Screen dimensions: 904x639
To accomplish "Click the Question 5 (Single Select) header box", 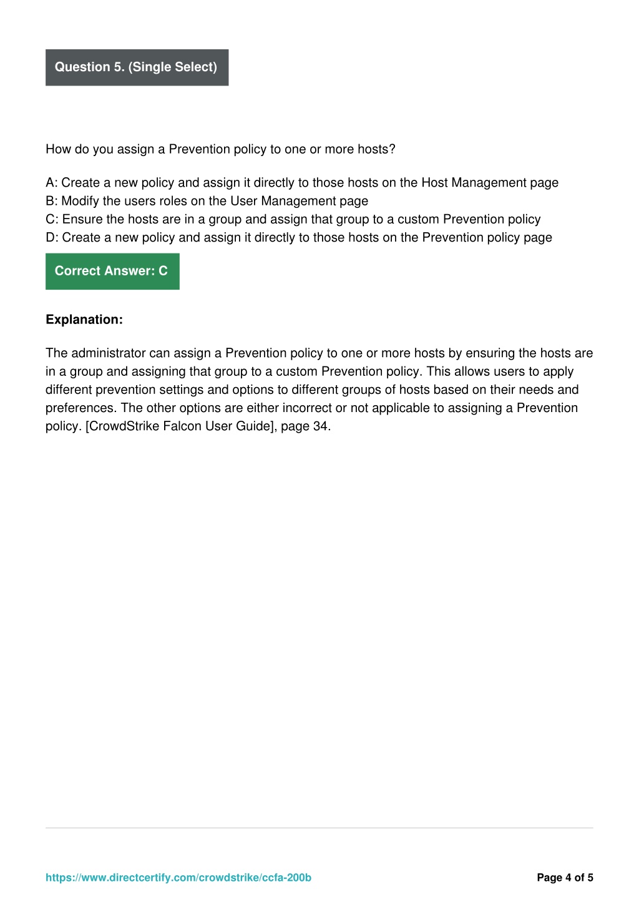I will point(137,67).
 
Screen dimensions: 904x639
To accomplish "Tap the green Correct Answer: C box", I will point(112,272).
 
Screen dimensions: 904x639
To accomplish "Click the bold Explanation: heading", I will point(84,320).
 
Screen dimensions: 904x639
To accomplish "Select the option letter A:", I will point(52,183).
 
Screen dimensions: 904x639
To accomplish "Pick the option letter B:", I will point(52,201).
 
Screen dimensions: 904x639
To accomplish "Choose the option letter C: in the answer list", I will point(52,219).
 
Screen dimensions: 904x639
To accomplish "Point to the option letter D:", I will point(52,237).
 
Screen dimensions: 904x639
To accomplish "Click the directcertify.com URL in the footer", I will point(178,878).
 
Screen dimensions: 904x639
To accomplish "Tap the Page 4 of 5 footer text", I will point(565,878).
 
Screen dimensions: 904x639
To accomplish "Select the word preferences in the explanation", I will point(81,408).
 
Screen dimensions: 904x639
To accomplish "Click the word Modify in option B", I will point(80,201).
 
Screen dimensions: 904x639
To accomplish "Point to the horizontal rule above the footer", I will point(319,828).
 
